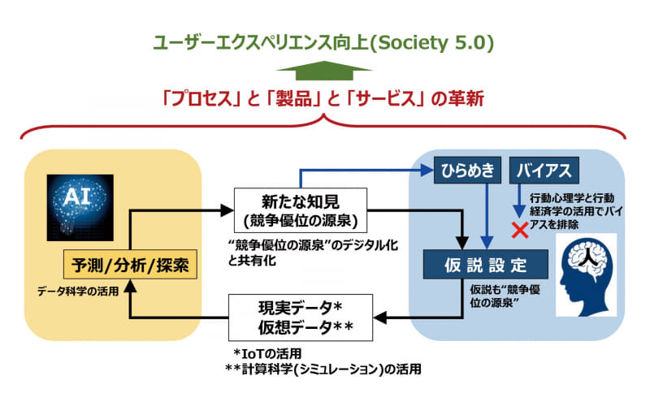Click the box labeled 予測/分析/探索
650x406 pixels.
[130, 264]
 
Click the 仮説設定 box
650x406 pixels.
[486, 264]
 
